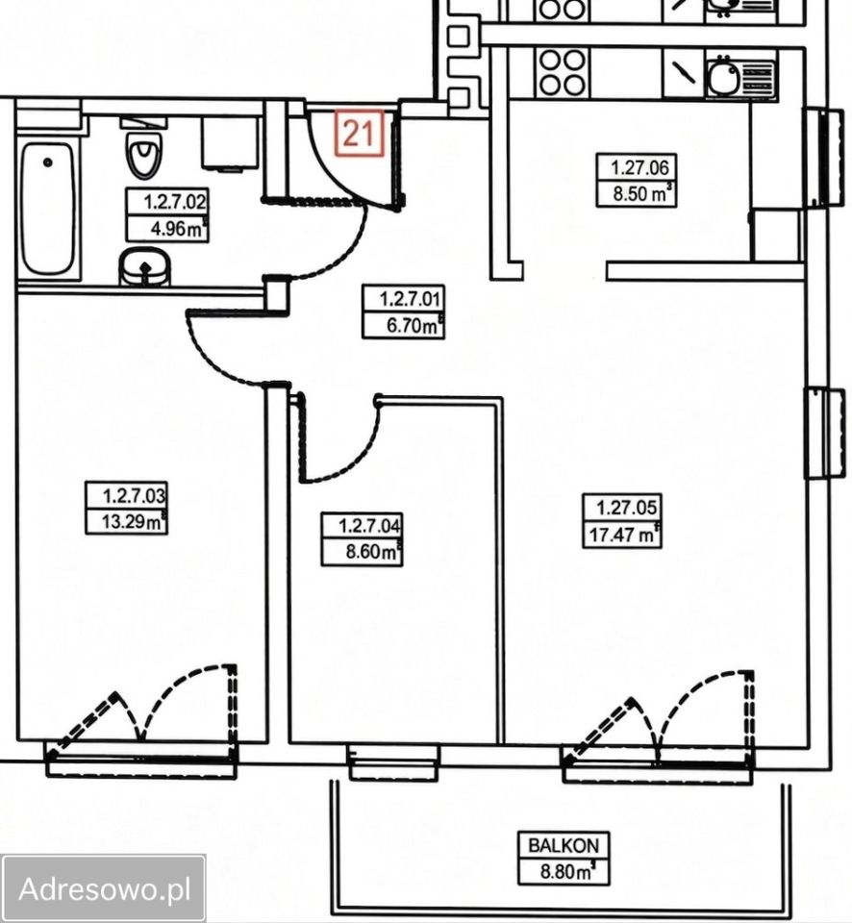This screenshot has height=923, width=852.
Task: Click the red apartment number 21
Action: pyautogui.click(x=358, y=133)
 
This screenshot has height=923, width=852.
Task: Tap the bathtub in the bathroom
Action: pyautogui.click(x=48, y=209)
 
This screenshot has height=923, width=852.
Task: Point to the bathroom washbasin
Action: pyautogui.click(x=144, y=266)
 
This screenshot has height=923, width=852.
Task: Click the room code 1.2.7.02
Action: pyautogui.click(x=175, y=203)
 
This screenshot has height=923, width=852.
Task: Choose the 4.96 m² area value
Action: pyautogui.click(x=177, y=229)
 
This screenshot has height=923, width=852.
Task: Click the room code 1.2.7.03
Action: pyautogui.click(x=135, y=495)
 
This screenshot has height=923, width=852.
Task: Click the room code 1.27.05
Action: pyautogui.click(x=626, y=507)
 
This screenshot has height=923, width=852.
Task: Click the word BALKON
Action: pyautogui.click(x=564, y=845)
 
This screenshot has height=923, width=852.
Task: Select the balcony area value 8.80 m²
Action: pyautogui.click(x=566, y=872)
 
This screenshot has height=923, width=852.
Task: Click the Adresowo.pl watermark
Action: pyautogui.click(x=105, y=888)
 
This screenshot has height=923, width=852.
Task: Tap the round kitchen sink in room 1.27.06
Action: pyautogui.click(x=723, y=77)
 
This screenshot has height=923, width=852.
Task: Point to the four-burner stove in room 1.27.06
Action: pyautogui.click(x=563, y=72)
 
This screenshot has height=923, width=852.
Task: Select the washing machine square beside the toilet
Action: pyautogui.click(x=231, y=143)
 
